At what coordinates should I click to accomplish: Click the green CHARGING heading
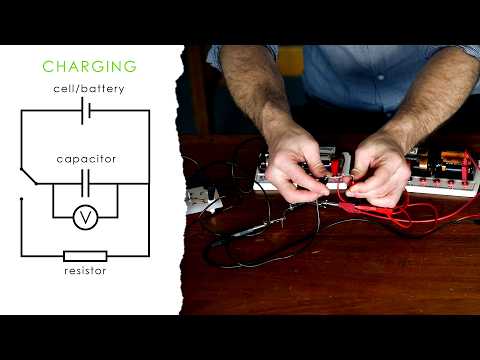89,67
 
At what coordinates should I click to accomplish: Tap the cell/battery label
90,89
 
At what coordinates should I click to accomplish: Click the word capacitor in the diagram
86,158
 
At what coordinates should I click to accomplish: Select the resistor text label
85,271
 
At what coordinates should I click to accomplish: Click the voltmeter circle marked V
86,215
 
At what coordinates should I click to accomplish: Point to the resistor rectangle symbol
85,255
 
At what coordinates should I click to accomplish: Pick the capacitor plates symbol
86,180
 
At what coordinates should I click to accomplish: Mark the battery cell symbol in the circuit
86,110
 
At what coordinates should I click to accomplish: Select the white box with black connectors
203,200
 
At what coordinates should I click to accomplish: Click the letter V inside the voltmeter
86,215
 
